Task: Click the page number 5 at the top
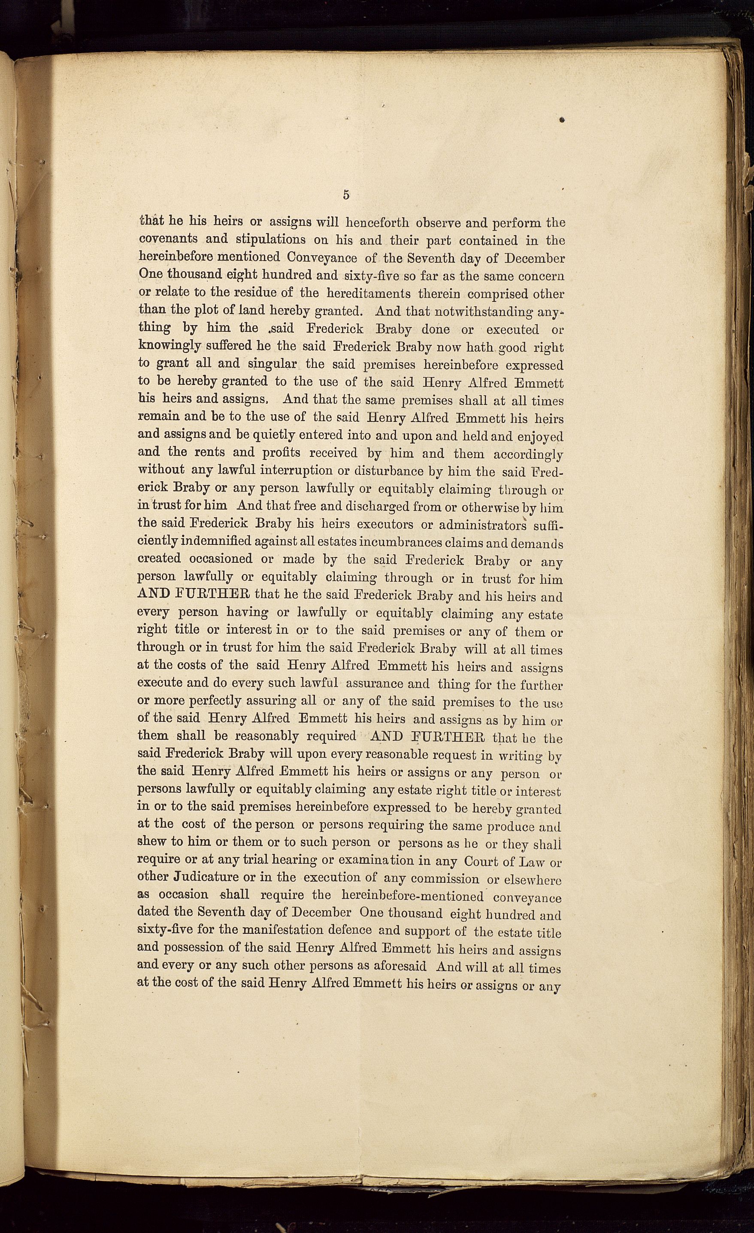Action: point(346,195)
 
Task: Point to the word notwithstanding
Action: point(483,312)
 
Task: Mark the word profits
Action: point(281,453)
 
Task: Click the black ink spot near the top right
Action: point(562,120)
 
